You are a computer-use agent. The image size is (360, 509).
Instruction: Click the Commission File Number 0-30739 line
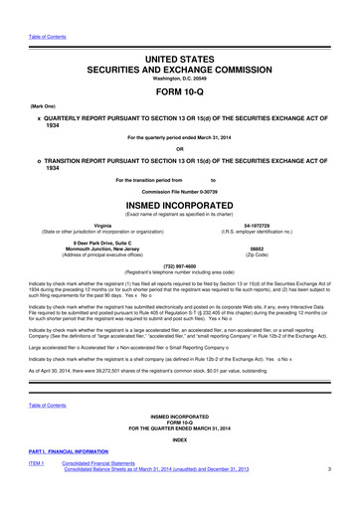(x=179, y=189)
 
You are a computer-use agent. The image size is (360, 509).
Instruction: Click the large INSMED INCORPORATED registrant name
(x=179, y=203)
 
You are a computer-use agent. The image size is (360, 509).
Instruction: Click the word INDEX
(x=179, y=436)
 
